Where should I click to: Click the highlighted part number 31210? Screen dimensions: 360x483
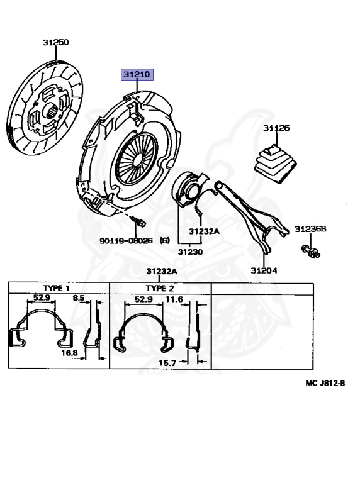point(137,75)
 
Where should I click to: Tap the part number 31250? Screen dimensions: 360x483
point(56,42)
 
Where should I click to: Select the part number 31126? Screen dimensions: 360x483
point(276,128)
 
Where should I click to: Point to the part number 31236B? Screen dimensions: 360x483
point(310,229)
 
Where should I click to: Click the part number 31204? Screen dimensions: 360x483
point(264,270)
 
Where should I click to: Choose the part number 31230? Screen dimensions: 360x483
point(191,252)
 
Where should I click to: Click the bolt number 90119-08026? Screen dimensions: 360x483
point(126,240)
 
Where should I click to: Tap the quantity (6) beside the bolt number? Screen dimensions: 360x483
point(165,240)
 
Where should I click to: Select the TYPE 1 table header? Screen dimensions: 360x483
point(57,288)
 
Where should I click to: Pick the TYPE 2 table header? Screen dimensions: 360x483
point(160,288)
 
